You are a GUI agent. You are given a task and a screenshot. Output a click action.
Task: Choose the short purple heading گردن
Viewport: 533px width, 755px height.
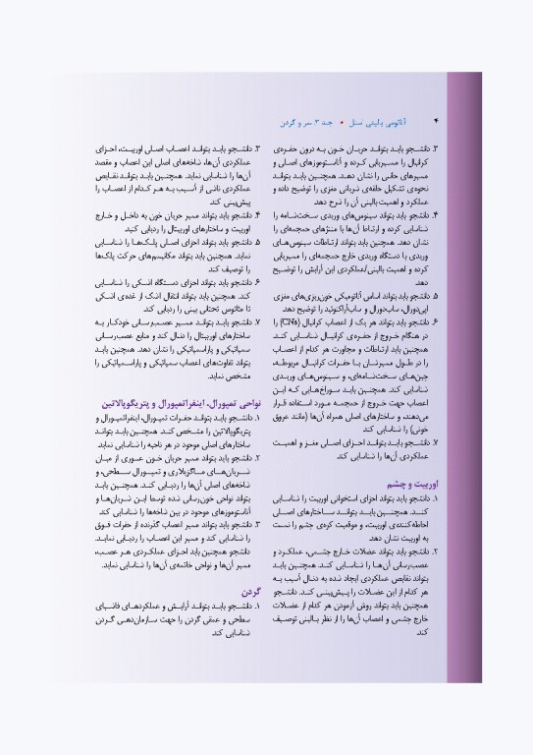point(247,591)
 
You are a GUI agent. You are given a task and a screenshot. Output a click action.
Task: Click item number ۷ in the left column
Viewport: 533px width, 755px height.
point(257,321)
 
